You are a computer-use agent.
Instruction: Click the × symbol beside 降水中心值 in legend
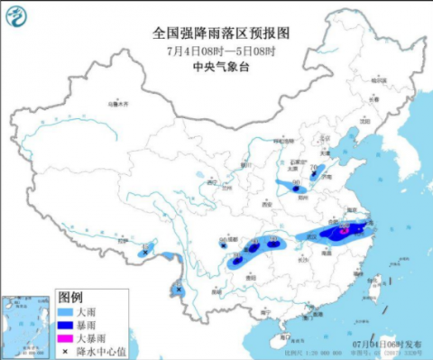(x=66, y=348)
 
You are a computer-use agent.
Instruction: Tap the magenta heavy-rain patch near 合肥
(x=345, y=230)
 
